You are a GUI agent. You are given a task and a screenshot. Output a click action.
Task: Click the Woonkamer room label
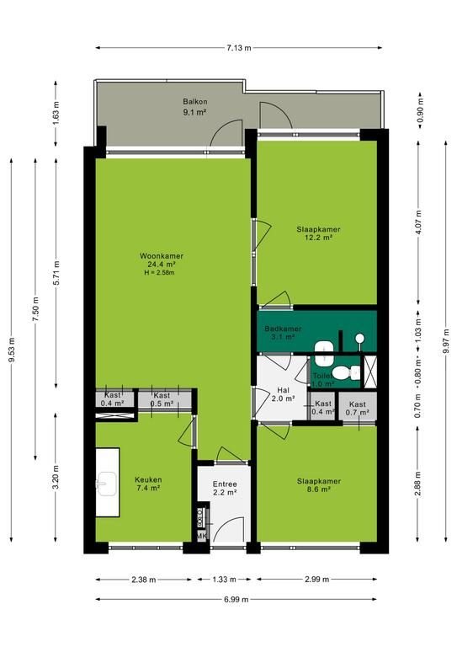pyautogui.click(x=162, y=256)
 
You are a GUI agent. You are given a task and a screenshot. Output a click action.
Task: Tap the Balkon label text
pyautogui.click(x=195, y=101)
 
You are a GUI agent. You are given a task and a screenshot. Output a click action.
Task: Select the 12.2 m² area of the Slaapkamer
pyautogui.click(x=318, y=238)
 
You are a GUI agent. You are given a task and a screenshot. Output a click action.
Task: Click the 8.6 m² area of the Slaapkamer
pyautogui.click(x=319, y=489)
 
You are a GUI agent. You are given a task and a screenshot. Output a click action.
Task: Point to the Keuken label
pyautogui.click(x=148, y=479)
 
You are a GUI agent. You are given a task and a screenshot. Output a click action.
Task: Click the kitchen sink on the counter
pyautogui.click(x=106, y=484)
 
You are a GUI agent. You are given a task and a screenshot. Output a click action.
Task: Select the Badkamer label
pyautogui.click(x=283, y=329)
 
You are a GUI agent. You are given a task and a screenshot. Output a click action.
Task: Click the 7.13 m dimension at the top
pyautogui.click(x=238, y=48)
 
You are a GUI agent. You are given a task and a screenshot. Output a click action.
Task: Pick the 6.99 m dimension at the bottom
pyautogui.click(x=236, y=599)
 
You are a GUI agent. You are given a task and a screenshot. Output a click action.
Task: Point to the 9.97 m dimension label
pyautogui.click(x=446, y=341)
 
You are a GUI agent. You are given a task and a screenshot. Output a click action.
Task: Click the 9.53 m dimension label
pyautogui.click(x=12, y=350)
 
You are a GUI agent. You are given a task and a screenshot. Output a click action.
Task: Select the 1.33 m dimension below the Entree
pyautogui.click(x=225, y=580)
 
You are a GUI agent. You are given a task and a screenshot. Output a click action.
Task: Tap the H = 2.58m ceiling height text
pyautogui.click(x=159, y=272)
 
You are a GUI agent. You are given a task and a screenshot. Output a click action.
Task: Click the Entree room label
pyautogui.click(x=225, y=484)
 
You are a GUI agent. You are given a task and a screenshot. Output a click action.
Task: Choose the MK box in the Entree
pyautogui.click(x=201, y=536)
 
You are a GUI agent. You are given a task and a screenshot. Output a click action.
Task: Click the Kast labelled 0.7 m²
pyautogui.click(x=358, y=408)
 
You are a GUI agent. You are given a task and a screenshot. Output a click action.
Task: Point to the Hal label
pyautogui.click(x=283, y=390)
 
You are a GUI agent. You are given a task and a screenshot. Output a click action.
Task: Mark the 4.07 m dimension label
pyautogui.click(x=418, y=222)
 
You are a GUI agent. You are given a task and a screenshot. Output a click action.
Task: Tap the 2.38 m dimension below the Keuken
pyautogui.click(x=144, y=580)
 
